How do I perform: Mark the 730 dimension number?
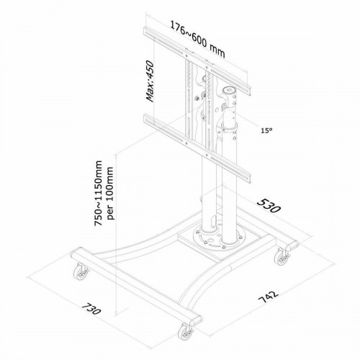pos(101,315)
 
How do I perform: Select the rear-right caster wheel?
pos(279,256)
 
